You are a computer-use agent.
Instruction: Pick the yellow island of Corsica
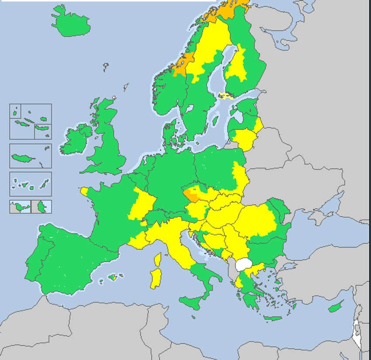point(158,260)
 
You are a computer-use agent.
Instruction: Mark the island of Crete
point(273,318)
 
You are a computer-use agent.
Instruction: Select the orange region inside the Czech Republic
point(192,195)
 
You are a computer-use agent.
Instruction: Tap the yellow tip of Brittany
point(84,191)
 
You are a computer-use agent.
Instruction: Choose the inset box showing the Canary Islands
point(31,184)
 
